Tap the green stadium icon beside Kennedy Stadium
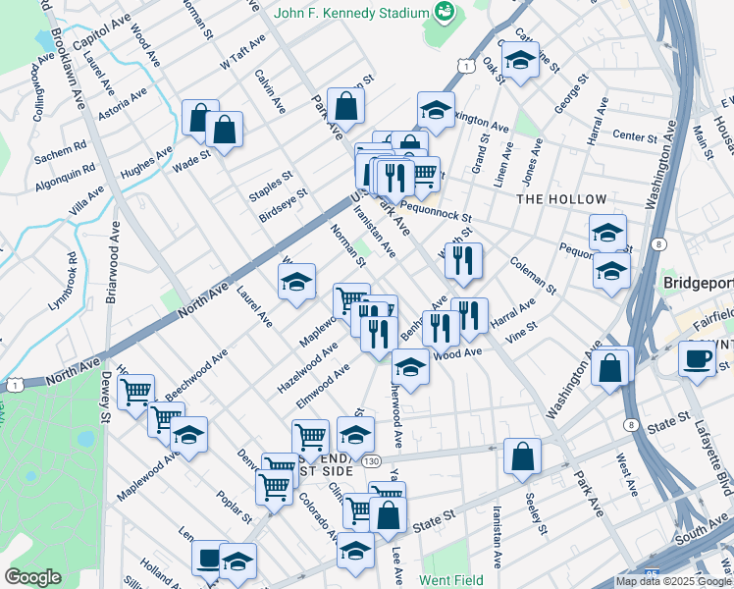pyautogui.click(x=446, y=12)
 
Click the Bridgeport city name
pyautogui.click(x=698, y=283)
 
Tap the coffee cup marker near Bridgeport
pyautogui.click(x=697, y=359)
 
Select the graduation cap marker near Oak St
pyautogui.click(x=520, y=61)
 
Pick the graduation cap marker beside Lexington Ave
pyautogui.click(x=436, y=112)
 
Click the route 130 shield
pyautogui.click(x=370, y=459)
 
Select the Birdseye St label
pyautogui.click(x=283, y=205)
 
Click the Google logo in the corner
pyautogui.click(x=33, y=577)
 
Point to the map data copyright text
pyautogui.click(x=673, y=581)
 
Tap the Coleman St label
pyautogui.click(x=533, y=275)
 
